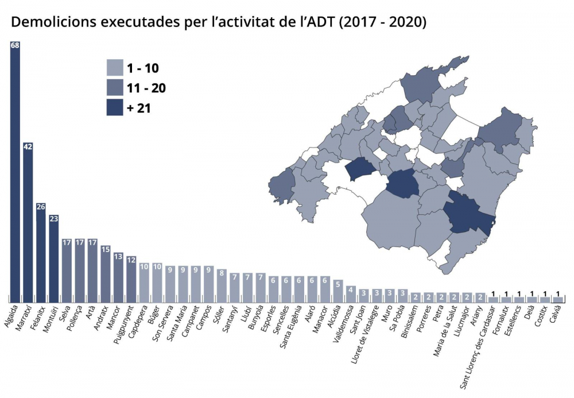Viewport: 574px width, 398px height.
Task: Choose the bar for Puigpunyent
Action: [x=131, y=279]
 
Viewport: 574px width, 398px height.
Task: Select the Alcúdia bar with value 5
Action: [x=338, y=291]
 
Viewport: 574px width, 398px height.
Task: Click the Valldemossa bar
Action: [x=351, y=293]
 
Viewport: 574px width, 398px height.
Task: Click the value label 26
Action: [x=41, y=207]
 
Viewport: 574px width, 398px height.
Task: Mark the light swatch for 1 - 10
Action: [x=115, y=68]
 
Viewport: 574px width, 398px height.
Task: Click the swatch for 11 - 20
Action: [x=115, y=88]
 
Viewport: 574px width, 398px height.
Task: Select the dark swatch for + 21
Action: [x=115, y=107]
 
